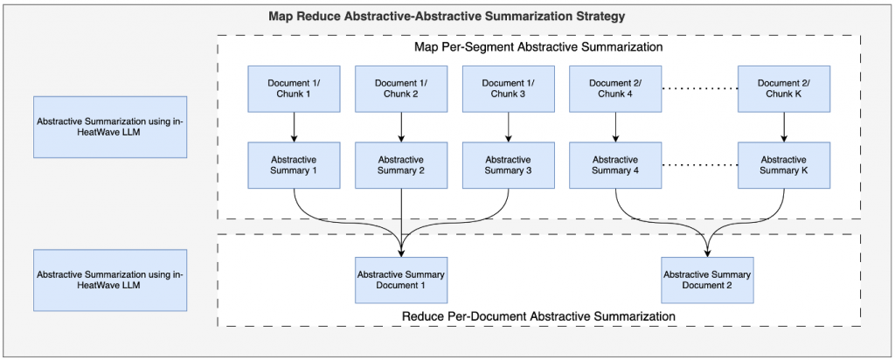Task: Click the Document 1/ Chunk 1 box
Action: [x=294, y=88]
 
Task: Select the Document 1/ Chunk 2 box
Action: [x=401, y=88]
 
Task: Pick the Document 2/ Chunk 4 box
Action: [x=616, y=88]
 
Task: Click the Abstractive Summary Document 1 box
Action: [x=401, y=280]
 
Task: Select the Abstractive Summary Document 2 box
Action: [x=707, y=280]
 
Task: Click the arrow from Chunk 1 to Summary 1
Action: [x=294, y=127]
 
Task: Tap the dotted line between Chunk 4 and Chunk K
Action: [x=699, y=89]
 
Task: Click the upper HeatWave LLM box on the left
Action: [x=110, y=127]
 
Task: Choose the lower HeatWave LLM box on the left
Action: [x=110, y=280]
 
